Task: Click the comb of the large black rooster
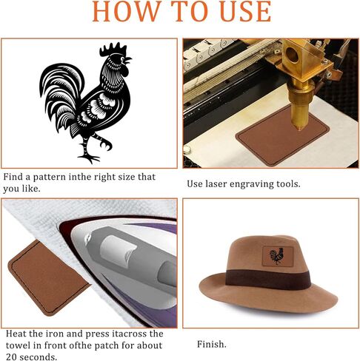[x=114, y=50]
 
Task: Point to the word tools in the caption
[x=286, y=183]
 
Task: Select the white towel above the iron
[x=44, y=222]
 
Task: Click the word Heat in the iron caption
[x=16, y=334]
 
